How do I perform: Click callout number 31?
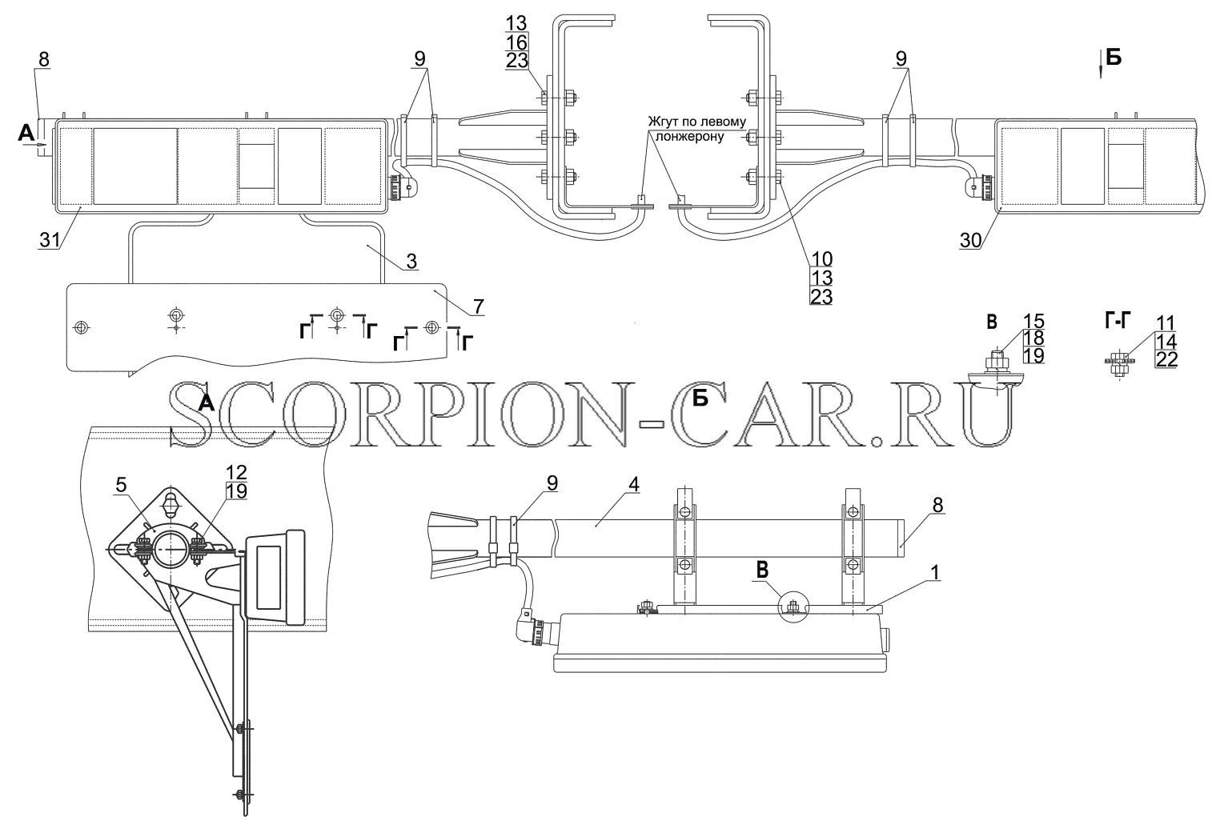[49, 240]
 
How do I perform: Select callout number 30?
[970, 240]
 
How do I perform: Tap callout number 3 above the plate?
[411, 262]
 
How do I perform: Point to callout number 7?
[478, 306]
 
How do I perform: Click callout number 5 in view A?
[121, 485]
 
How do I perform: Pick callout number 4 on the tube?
[634, 484]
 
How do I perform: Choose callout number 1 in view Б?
[935, 572]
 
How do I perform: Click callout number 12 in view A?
[236, 472]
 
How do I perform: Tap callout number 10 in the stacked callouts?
[821, 258]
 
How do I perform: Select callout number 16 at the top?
[516, 42]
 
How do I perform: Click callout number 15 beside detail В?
[1033, 321]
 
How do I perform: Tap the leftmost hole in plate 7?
[81, 327]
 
